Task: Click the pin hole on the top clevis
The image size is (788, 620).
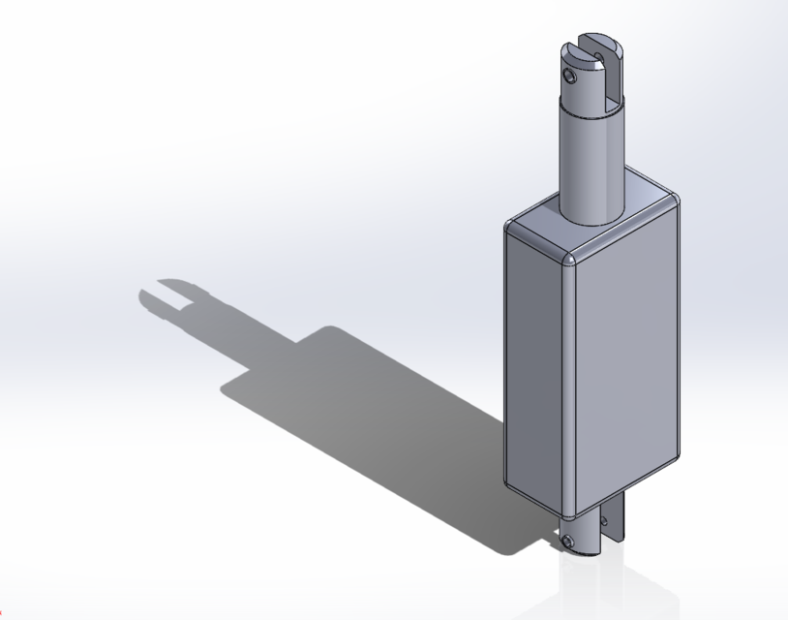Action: [572, 74]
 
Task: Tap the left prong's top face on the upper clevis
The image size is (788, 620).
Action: [579, 46]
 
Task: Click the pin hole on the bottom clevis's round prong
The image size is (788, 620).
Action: [571, 541]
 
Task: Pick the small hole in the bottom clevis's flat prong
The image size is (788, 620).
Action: [606, 523]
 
